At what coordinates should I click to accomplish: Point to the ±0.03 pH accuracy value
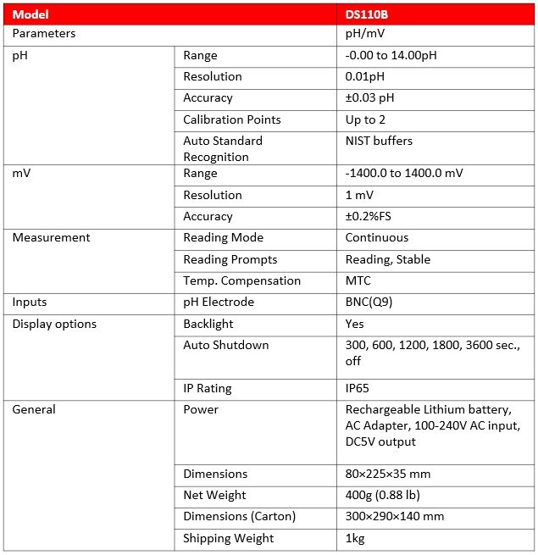(369, 97)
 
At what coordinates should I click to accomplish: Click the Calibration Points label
(231, 119)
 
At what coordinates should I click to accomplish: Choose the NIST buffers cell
(379, 141)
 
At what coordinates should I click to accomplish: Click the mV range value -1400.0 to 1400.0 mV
(404, 174)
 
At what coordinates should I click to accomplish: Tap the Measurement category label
(51, 238)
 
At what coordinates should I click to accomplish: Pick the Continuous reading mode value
(376, 238)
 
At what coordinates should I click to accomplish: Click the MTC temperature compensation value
(358, 280)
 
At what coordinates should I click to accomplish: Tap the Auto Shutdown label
(225, 345)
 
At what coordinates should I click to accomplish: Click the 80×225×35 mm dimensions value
(395, 474)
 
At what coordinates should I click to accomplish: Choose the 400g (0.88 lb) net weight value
(382, 495)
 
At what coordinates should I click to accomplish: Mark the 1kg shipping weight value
(355, 538)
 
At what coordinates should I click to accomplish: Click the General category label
(34, 409)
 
